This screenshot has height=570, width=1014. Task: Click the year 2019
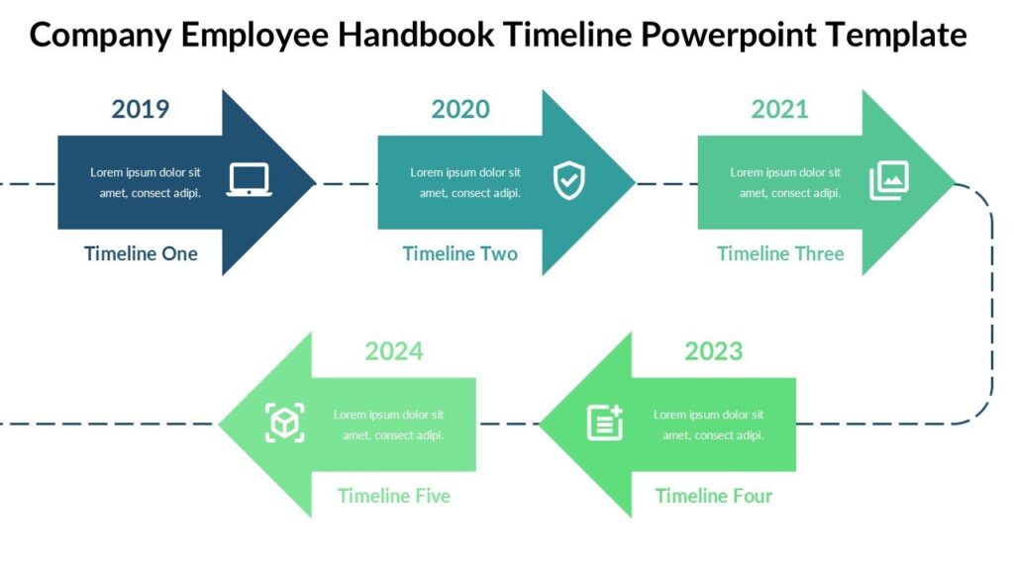click(x=141, y=109)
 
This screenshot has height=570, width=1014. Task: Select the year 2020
click(x=460, y=109)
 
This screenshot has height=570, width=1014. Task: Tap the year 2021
click(x=780, y=109)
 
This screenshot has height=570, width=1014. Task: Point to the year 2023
click(x=714, y=351)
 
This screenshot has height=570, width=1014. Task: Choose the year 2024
click(x=394, y=351)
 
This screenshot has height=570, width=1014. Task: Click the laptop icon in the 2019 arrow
click(x=249, y=180)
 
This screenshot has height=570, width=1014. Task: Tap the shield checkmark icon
click(x=568, y=180)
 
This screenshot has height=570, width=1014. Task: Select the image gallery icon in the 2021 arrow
click(x=889, y=181)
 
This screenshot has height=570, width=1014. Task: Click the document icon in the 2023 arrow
click(x=605, y=423)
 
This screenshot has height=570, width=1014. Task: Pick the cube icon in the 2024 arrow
click(x=285, y=423)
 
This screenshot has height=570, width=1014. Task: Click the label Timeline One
click(x=141, y=254)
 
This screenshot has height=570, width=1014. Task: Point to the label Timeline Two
click(x=460, y=254)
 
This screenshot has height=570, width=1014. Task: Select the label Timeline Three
click(x=780, y=254)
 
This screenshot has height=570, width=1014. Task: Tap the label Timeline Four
click(x=714, y=496)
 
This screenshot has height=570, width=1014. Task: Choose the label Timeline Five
click(x=394, y=496)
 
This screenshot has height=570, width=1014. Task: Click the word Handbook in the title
click(x=415, y=36)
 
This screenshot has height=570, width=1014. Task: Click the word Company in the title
click(x=98, y=36)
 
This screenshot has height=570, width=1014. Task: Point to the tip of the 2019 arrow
click(x=313, y=182)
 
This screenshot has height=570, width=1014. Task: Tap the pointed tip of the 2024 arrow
click(x=222, y=425)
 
